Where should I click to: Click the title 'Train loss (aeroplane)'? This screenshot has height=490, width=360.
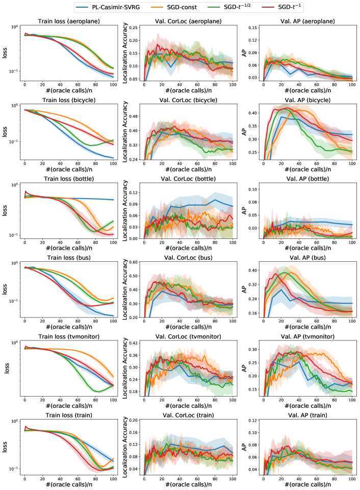click(69, 21)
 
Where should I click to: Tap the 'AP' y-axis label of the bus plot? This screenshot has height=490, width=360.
click(244, 290)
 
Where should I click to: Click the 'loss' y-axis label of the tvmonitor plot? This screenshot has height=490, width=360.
click(7, 369)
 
